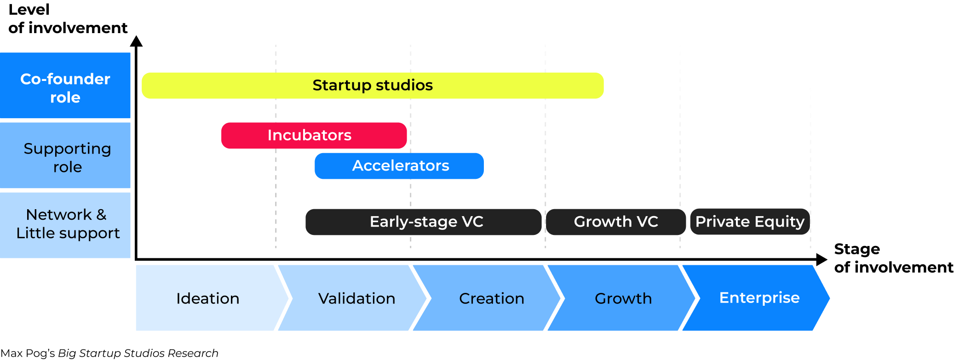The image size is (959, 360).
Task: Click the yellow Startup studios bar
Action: tap(373, 86)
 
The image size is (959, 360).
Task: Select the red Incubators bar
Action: tap(314, 136)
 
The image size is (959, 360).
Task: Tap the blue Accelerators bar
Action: tap(399, 166)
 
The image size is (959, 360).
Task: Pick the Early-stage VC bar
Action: tap(423, 222)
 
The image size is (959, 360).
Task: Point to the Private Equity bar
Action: tap(749, 222)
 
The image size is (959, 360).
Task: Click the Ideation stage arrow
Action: tap(208, 298)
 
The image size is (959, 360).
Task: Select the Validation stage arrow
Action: tap(356, 298)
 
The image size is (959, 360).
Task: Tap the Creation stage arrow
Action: tap(491, 298)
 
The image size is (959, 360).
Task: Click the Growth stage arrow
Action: tap(623, 298)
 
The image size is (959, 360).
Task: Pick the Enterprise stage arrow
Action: tap(759, 298)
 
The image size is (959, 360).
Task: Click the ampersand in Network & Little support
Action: tap(101, 215)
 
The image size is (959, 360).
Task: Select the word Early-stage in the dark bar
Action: tap(413, 222)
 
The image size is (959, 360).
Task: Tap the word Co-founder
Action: tap(65, 79)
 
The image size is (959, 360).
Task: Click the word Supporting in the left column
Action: tap(67, 149)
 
